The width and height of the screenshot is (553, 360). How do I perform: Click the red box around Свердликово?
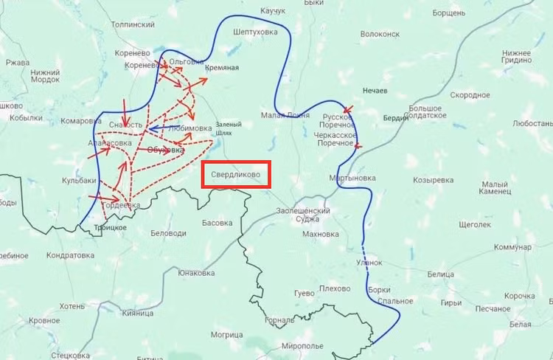pyautogui.click(x=237, y=175)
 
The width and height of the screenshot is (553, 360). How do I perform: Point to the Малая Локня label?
pyautogui.click(x=284, y=115)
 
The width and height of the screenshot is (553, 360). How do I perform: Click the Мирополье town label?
pyautogui.click(x=303, y=345)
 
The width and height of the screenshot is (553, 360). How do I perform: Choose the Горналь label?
pyautogui.click(x=279, y=320)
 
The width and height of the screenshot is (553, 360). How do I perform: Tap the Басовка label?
pyautogui.click(x=217, y=222)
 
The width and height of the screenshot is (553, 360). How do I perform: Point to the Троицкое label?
pyautogui.click(x=110, y=228)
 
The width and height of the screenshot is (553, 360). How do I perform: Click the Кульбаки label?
pyautogui.click(x=79, y=180)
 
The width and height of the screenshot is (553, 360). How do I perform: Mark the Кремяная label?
pyautogui.click(x=222, y=68)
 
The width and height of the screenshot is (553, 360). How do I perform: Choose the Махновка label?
pyautogui.click(x=321, y=235)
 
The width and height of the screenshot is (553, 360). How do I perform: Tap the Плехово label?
pyautogui.click(x=334, y=288)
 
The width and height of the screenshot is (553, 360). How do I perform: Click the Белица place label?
pyautogui.click(x=440, y=274)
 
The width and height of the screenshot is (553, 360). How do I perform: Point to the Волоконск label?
pyautogui.click(x=380, y=34)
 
